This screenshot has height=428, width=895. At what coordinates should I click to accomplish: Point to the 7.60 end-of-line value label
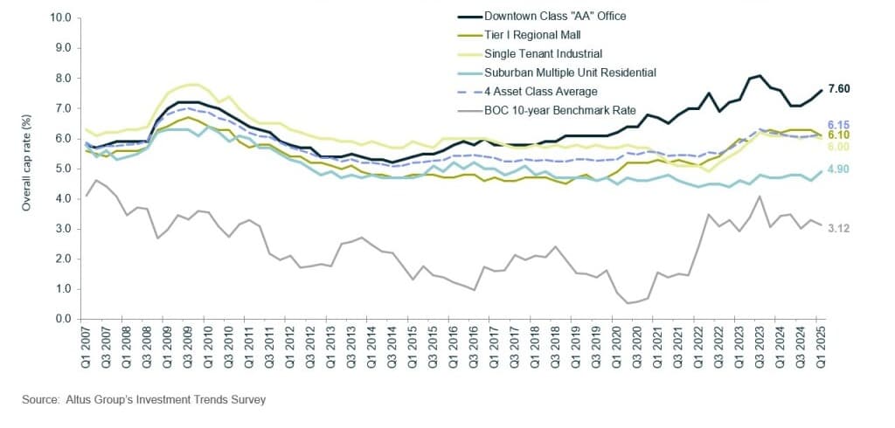point(839,89)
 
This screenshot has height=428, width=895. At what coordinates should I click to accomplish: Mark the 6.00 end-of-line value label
point(839,147)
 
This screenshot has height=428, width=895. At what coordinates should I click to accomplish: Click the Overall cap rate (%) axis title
point(30,168)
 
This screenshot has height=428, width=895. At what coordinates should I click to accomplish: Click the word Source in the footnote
point(40,400)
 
